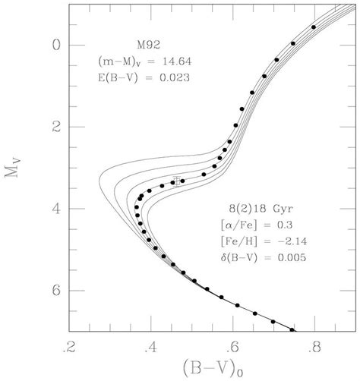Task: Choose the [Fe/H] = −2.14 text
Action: point(262,241)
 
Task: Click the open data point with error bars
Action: point(176,181)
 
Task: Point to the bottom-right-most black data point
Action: point(292,330)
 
